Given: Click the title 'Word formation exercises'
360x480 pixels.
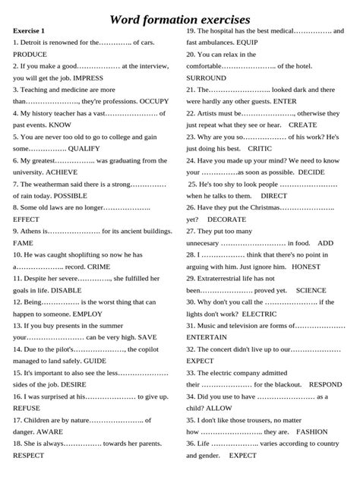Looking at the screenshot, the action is [180, 18].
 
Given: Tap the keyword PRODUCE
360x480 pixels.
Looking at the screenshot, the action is [30, 55].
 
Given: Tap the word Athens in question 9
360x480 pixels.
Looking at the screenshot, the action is [36, 231].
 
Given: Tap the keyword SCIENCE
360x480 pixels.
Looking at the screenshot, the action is [311, 290].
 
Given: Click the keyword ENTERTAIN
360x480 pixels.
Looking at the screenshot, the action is [210, 337].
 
